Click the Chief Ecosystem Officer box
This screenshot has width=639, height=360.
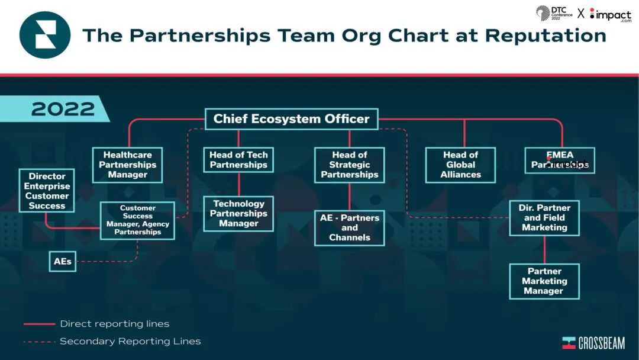(291, 119)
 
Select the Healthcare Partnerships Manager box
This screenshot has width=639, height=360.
(127, 165)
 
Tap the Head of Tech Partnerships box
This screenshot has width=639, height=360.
(238, 160)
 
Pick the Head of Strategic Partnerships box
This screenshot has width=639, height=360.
(350, 165)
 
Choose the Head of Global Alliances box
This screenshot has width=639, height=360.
(460, 165)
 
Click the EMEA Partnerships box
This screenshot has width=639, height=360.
(560, 160)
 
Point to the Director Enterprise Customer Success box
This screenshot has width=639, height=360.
(47, 191)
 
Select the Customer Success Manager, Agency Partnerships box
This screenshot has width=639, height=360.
(137, 220)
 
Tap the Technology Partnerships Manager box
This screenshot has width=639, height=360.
(238, 214)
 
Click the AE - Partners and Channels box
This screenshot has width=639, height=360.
(350, 228)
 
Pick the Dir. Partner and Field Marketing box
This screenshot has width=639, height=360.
(544, 218)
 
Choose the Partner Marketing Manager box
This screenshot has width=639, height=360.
(544, 281)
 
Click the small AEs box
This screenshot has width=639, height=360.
(63, 261)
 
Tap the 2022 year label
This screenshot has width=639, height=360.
(63, 109)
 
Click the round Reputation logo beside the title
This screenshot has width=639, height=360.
(45, 36)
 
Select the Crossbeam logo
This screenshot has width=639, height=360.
(593, 343)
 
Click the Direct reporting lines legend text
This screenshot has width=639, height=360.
(115, 324)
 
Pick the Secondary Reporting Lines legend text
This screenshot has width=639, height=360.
(130, 341)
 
